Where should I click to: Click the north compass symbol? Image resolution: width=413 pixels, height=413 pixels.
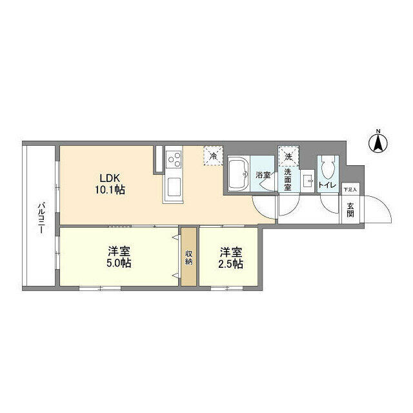[x=378, y=143]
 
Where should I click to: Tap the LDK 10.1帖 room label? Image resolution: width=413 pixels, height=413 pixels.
[x=110, y=183]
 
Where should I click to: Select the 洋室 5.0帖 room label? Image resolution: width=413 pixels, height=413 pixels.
[x=119, y=257]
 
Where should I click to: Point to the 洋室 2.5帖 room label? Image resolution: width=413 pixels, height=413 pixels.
[x=231, y=257]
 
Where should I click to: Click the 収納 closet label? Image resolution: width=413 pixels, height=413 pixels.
[x=189, y=257]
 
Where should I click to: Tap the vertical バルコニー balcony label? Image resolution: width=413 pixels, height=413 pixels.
[x=41, y=217]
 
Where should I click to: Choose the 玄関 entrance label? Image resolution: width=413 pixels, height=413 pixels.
[x=350, y=210]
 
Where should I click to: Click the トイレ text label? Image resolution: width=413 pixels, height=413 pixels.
[x=328, y=185]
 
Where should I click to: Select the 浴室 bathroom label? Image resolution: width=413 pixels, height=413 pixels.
[x=263, y=175]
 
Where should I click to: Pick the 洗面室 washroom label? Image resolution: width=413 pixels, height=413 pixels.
[x=288, y=180]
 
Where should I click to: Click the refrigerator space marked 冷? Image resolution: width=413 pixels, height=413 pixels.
[x=213, y=156]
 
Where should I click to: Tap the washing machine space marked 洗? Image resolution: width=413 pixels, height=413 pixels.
[x=288, y=156]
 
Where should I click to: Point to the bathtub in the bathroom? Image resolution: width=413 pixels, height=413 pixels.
[x=239, y=174]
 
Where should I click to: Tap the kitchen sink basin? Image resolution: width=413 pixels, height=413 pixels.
[x=174, y=186]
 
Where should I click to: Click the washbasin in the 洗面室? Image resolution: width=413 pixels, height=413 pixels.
[x=307, y=181]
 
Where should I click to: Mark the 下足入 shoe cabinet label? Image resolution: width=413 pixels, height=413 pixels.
[x=350, y=189]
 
